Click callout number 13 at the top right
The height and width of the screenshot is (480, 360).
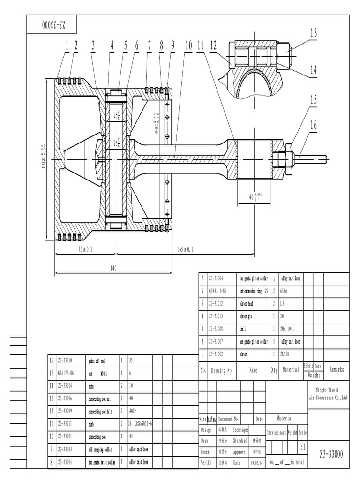(x=313, y=33)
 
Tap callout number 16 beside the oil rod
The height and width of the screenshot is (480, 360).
(x=313, y=125)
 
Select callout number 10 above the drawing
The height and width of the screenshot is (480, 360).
(x=188, y=45)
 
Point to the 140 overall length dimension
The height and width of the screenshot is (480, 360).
(x=113, y=269)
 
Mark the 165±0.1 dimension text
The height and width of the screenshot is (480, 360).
(x=185, y=250)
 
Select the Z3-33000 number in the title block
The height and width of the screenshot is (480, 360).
(x=331, y=454)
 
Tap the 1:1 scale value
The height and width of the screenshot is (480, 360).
(x=302, y=448)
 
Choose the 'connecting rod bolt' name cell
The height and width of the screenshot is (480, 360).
(x=101, y=412)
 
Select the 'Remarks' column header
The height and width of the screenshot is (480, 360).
(x=337, y=370)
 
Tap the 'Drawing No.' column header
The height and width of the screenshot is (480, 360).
(x=222, y=370)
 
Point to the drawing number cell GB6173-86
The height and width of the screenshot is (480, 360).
(x=67, y=374)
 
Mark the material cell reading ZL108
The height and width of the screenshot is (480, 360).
(x=285, y=354)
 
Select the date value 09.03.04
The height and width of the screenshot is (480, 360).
(x=256, y=462)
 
